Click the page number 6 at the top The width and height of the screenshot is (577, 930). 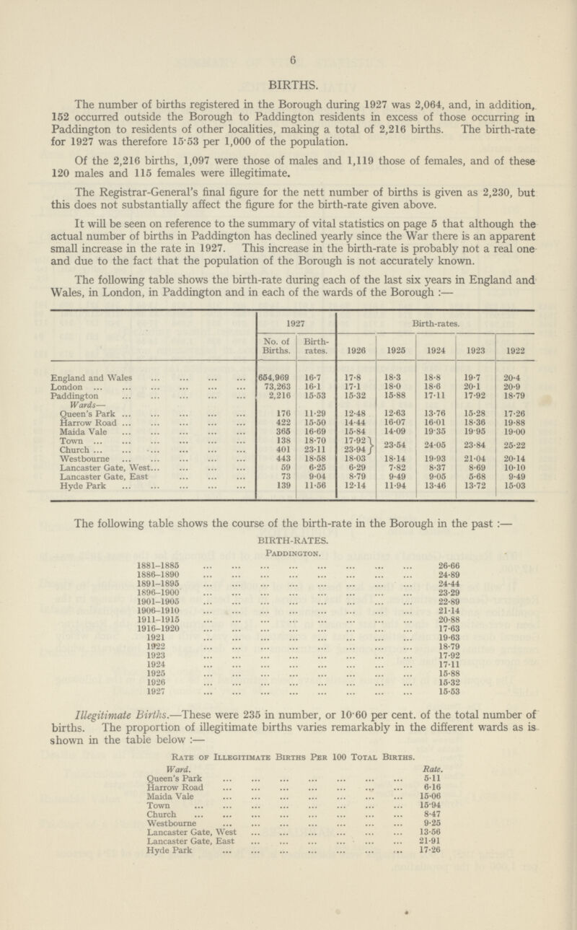[288, 42]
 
